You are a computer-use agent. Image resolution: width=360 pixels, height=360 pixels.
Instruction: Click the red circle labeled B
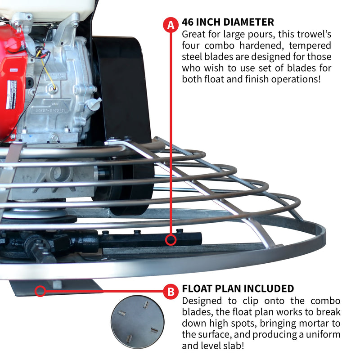pos(171,292)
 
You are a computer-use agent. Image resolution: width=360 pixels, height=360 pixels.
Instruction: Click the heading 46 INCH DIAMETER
pos(228,22)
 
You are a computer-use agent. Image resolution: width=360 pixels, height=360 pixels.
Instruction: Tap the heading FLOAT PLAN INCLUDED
pos(238,288)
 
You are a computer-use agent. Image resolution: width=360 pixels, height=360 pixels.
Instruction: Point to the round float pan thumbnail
pos(137,322)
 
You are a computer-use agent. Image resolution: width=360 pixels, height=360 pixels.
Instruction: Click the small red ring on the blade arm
pos(171,240)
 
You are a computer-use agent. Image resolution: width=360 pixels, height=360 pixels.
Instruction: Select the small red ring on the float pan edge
pos(40,291)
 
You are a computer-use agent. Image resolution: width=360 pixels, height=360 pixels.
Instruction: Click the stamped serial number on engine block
pos(52,110)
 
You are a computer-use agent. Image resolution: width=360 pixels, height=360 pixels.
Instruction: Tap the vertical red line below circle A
pos(171,135)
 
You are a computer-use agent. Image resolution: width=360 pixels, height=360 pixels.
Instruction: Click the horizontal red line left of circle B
pos(103,291)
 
